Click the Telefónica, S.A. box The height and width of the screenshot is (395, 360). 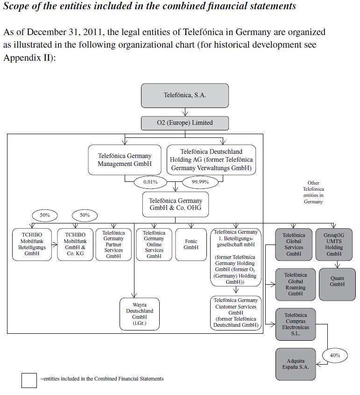click(x=185, y=95)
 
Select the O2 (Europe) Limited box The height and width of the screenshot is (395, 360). click(x=185, y=123)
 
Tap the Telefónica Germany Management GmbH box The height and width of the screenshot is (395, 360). click(x=125, y=160)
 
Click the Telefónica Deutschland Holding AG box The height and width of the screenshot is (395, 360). click(x=212, y=160)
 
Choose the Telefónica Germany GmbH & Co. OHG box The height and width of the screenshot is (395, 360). click(x=176, y=204)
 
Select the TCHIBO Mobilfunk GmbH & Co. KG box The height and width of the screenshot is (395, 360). click(x=75, y=244)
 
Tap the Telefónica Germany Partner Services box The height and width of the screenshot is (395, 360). click(x=113, y=244)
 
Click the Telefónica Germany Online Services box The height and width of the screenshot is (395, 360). click(x=154, y=244)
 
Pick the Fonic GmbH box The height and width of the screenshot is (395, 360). click(x=191, y=244)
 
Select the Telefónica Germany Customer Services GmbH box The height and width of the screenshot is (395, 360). click(x=236, y=312)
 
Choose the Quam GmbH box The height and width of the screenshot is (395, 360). click(x=337, y=281)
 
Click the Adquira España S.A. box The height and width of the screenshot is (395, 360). click(x=295, y=364)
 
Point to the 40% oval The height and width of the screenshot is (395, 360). click(x=335, y=355)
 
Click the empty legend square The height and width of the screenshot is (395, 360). click(x=29, y=380)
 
